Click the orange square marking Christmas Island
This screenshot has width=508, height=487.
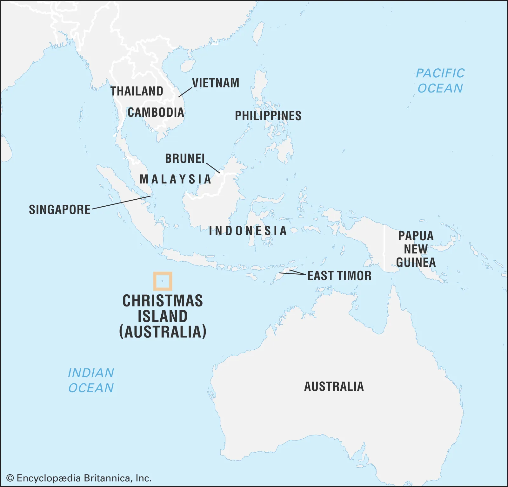(x=163, y=281)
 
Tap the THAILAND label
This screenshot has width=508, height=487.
(x=137, y=91)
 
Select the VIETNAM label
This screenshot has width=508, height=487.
(x=216, y=83)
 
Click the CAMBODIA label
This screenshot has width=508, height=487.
(x=156, y=112)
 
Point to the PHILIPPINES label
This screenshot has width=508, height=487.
(x=268, y=116)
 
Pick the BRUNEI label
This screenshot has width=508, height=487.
(x=185, y=158)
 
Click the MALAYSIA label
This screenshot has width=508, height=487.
(x=175, y=179)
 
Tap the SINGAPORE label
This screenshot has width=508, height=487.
(x=60, y=209)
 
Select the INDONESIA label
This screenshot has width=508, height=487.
(x=248, y=231)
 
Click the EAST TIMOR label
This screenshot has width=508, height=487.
(x=339, y=276)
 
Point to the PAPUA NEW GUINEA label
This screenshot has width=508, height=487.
(x=416, y=249)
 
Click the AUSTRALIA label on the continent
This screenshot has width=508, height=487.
(x=334, y=387)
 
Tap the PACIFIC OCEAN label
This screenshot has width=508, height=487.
(x=440, y=81)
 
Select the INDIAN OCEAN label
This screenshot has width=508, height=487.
(x=91, y=380)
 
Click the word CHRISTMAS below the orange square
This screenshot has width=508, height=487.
(x=163, y=301)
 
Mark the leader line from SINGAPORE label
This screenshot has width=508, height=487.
(x=121, y=202)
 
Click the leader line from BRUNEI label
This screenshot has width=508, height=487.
(x=213, y=168)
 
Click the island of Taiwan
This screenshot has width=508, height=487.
(x=259, y=33)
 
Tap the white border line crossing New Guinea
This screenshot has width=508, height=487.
(x=384, y=248)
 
